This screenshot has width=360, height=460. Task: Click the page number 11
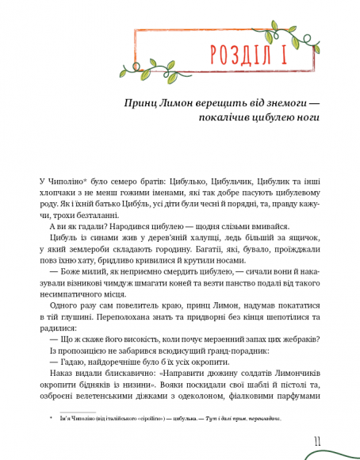tap(316, 439)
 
